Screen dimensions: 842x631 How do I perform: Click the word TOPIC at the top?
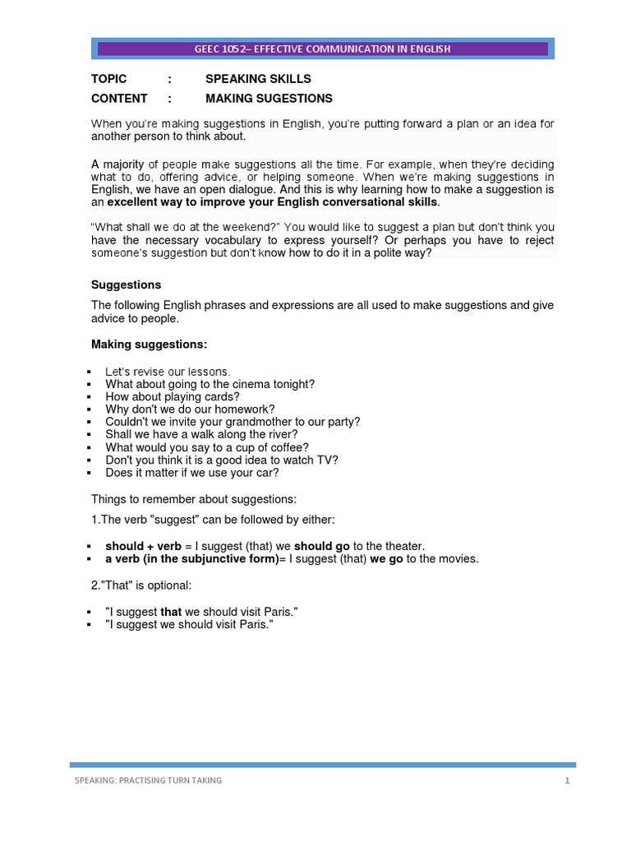click(x=108, y=79)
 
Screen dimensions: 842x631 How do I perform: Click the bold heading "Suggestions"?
click(x=125, y=285)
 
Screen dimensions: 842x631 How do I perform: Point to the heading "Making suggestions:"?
click(x=149, y=344)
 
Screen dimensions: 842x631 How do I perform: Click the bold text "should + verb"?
click(x=143, y=546)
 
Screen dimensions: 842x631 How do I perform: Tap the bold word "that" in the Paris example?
click(x=171, y=613)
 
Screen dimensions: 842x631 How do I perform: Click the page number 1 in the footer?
click(x=567, y=780)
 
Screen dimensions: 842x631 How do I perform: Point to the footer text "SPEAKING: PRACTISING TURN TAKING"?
click(x=148, y=780)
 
